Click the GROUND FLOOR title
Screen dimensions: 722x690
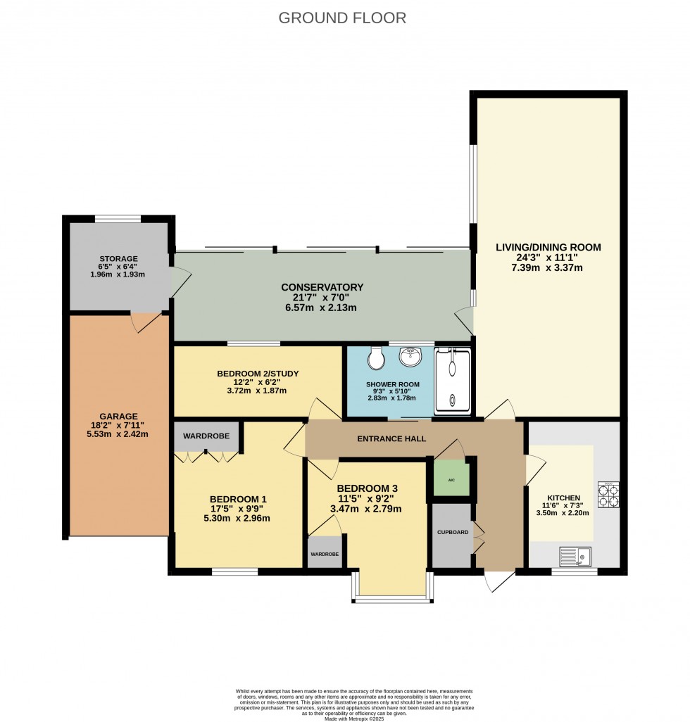[x=342, y=18]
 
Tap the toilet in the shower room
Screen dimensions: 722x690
[x=377, y=358]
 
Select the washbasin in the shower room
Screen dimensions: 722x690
[x=410, y=357]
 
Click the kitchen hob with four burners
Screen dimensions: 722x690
[x=608, y=494]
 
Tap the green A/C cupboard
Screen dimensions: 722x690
[x=451, y=479]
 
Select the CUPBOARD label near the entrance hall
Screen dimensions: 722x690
[x=451, y=532]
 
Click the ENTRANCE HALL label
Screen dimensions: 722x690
[x=391, y=438]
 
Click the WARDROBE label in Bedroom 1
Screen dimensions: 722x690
[x=206, y=436]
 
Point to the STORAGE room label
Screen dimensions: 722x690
[x=118, y=259]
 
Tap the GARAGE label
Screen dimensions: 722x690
[x=118, y=416]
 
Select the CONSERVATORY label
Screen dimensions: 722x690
[x=322, y=287]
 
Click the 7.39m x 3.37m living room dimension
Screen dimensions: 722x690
[x=548, y=268]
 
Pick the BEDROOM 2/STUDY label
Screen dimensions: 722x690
[x=251, y=373]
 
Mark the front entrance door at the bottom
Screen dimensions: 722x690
[x=498, y=578]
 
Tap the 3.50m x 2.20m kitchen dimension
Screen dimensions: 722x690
[x=561, y=513]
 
